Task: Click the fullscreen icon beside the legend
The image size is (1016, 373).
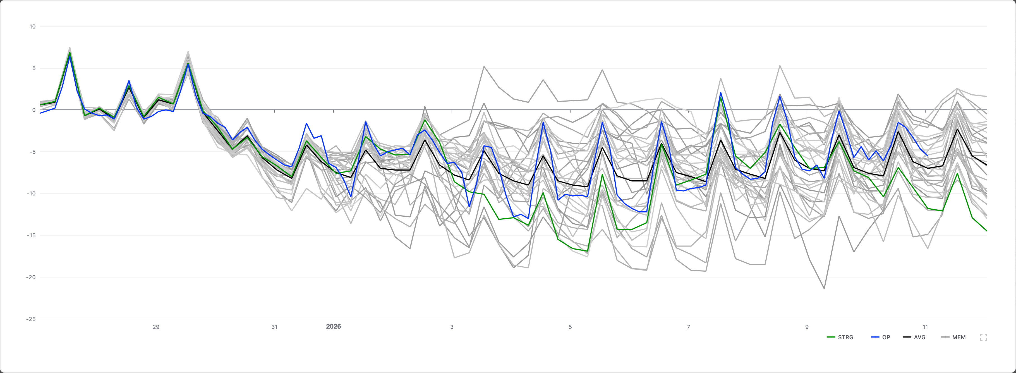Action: pos(984,337)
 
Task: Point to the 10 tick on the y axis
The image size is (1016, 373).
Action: pos(32,27)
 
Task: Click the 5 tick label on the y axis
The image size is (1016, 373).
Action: pos(34,68)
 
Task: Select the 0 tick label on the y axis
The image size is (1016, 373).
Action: pos(34,110)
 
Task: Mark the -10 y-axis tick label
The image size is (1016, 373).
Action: pos(31,193)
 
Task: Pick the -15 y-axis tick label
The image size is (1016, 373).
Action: pos(31,235)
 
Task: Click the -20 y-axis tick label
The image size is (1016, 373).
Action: pos(31,277)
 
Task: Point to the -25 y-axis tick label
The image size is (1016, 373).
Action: pos(31,319)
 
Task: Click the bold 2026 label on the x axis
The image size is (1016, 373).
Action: pos(333,326)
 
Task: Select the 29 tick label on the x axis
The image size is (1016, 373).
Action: pos(156,327)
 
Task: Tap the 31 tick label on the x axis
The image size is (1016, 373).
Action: pos(274,327)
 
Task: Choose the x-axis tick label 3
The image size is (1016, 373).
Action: pos(452,327)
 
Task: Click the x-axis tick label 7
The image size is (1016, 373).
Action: pos(688,327)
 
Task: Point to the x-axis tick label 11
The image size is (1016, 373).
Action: pos(925,327)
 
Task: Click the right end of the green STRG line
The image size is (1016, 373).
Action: pos(986,231)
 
